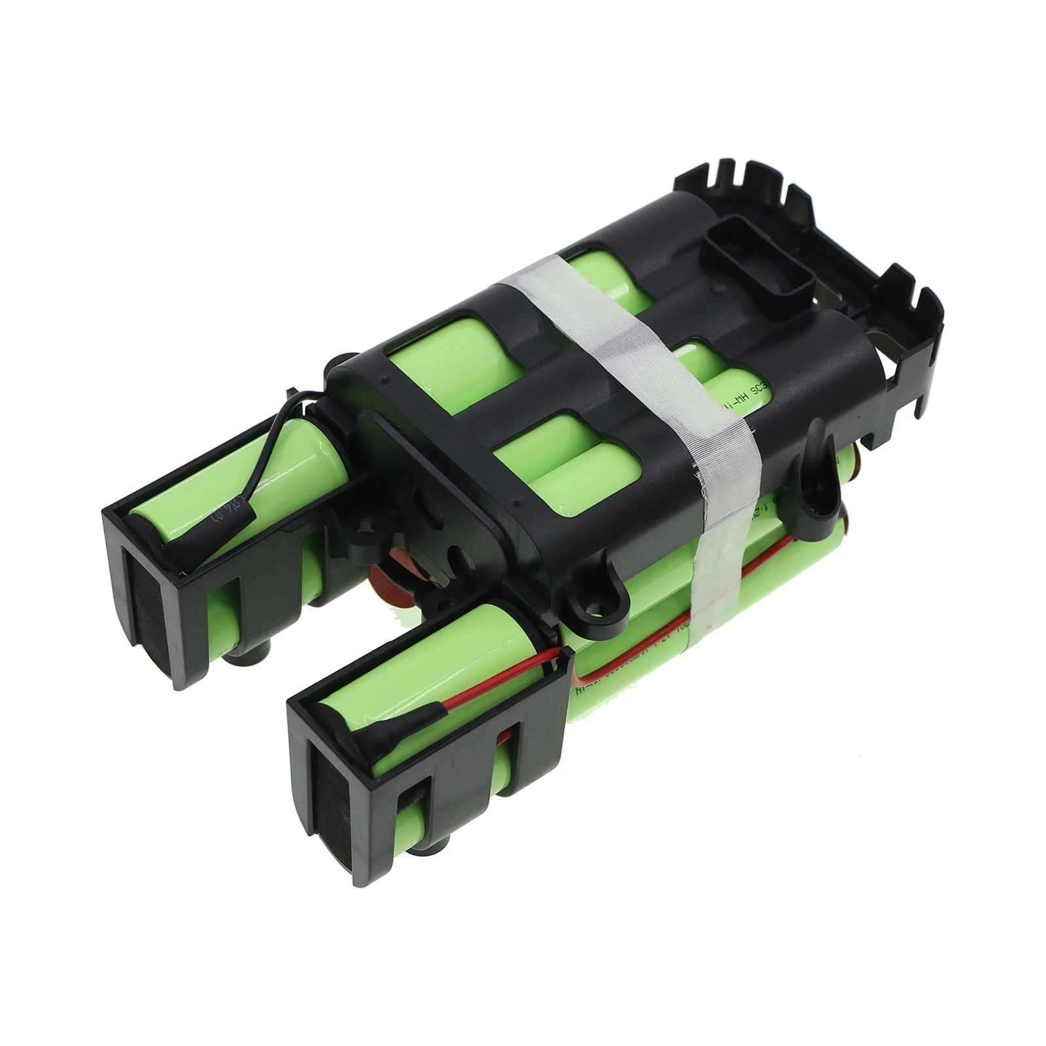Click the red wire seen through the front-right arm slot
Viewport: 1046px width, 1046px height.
click(503, 739)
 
